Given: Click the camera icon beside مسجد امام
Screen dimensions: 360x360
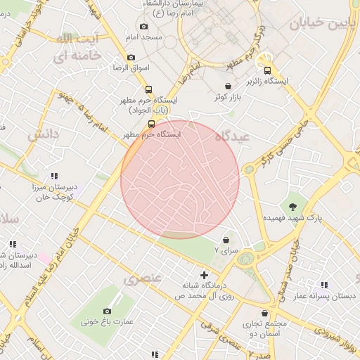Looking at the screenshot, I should pos(144,27).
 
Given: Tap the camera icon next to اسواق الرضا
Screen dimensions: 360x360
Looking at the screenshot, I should pos(131,58).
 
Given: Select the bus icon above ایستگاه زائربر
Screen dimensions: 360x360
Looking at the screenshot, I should pos(266,70).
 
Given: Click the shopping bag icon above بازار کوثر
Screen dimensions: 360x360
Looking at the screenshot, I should pos(228,86).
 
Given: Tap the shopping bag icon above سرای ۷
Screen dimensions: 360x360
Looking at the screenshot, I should pos(225,240).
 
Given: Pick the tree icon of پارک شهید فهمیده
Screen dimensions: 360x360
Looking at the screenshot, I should pos(292,205).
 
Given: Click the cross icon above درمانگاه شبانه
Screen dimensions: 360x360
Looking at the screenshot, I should pos(204,274).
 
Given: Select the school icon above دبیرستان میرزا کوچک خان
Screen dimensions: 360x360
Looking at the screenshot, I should pos(53,176).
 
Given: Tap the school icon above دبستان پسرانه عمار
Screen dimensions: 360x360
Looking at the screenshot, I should pos(324,285).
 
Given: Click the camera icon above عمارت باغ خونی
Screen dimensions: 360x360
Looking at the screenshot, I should pos(107,311).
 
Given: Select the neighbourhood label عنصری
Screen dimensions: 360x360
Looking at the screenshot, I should pos(143,278).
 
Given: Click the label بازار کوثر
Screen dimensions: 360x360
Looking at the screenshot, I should pos(230,98).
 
